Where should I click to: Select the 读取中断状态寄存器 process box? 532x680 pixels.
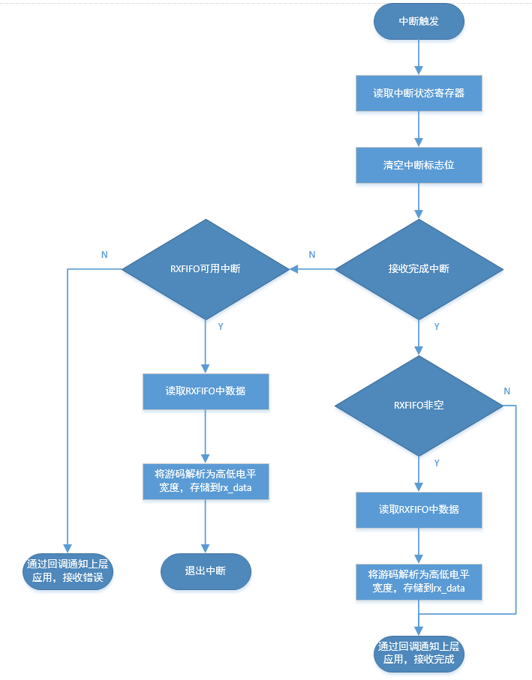419,94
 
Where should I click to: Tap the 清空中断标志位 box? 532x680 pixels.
419,165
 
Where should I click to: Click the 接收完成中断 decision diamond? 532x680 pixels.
419,268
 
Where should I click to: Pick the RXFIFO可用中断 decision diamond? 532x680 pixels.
205,268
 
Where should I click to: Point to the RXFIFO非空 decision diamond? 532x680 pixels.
419,405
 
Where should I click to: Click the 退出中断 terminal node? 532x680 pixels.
205,571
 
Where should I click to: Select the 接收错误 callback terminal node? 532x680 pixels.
68,571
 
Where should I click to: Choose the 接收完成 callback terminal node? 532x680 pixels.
419,653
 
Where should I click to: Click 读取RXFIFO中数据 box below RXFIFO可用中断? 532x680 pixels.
205,391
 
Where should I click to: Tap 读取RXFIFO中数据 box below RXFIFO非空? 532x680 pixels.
419,509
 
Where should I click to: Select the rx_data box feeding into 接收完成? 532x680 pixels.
419,581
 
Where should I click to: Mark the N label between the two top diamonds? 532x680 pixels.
312,254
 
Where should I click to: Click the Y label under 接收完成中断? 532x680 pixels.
437,327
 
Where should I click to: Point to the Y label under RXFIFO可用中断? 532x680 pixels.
220,327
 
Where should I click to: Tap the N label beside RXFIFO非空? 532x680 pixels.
507,391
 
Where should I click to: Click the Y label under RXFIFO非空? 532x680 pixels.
437,463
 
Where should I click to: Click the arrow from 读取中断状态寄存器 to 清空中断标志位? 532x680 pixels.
419,129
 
